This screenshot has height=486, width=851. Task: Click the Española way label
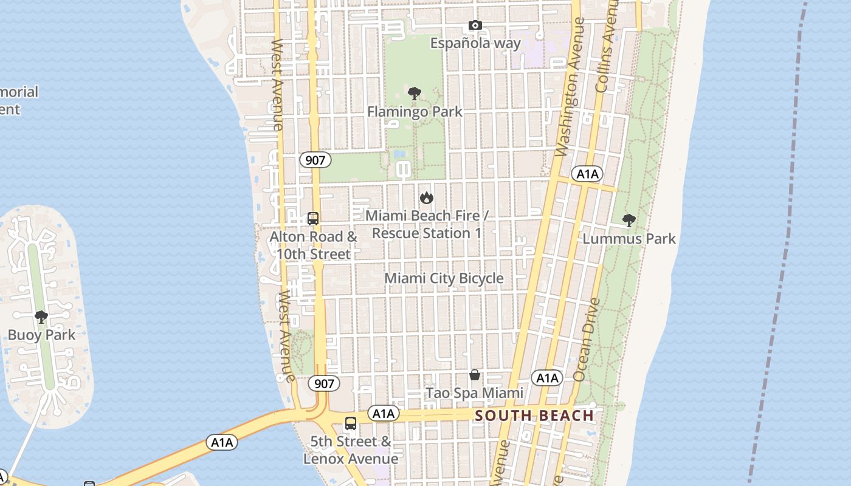tap(475, 43)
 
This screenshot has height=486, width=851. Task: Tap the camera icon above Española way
tap(475, 26)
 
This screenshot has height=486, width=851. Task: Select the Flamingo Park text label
tap(415, 112)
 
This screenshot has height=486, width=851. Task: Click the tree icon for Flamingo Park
tap(415, 94)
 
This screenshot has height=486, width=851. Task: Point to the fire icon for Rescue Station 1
tap(427, 197)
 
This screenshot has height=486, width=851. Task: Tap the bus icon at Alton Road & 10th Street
tap(313, 219)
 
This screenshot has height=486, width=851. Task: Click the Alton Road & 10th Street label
tap(314, 245)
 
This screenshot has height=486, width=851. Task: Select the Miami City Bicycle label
tap(444, 278)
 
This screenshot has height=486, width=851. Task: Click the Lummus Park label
tap(629, 239)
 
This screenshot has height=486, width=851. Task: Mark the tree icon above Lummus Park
tap(629, 220)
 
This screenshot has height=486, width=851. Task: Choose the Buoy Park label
tap(41, 335)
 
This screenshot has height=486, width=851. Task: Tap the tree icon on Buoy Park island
tap(41, 317)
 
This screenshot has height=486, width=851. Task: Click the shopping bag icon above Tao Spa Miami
tap(475, 375)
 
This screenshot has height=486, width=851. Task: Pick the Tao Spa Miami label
tap(474, 393)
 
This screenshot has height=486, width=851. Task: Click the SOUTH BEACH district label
tap(534, 416)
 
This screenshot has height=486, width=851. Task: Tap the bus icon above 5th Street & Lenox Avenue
tap(351, 423)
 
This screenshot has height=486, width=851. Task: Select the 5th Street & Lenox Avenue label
tap(351, 450)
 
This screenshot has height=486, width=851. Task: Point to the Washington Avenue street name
tap(570, 87)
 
